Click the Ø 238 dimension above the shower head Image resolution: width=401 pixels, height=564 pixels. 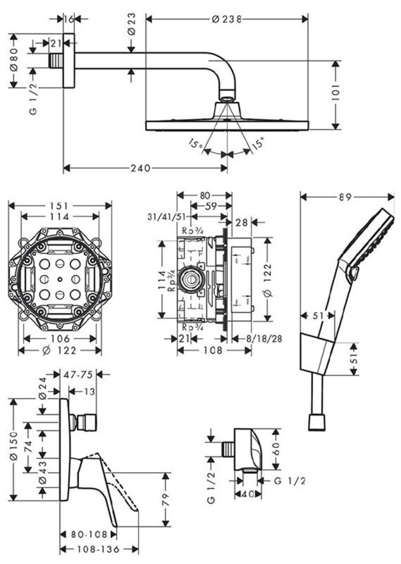[x=226, y=19]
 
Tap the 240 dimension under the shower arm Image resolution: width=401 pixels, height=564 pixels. [x=140, y=168]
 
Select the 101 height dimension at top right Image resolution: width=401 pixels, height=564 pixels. [x=335, y=93]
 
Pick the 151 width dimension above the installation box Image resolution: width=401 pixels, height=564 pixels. [x=60, y=205]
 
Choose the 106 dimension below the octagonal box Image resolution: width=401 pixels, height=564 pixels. [x=60, y=338]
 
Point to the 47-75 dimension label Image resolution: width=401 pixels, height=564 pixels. [x=77, y=375]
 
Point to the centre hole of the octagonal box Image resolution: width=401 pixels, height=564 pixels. [x=60, y=278]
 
